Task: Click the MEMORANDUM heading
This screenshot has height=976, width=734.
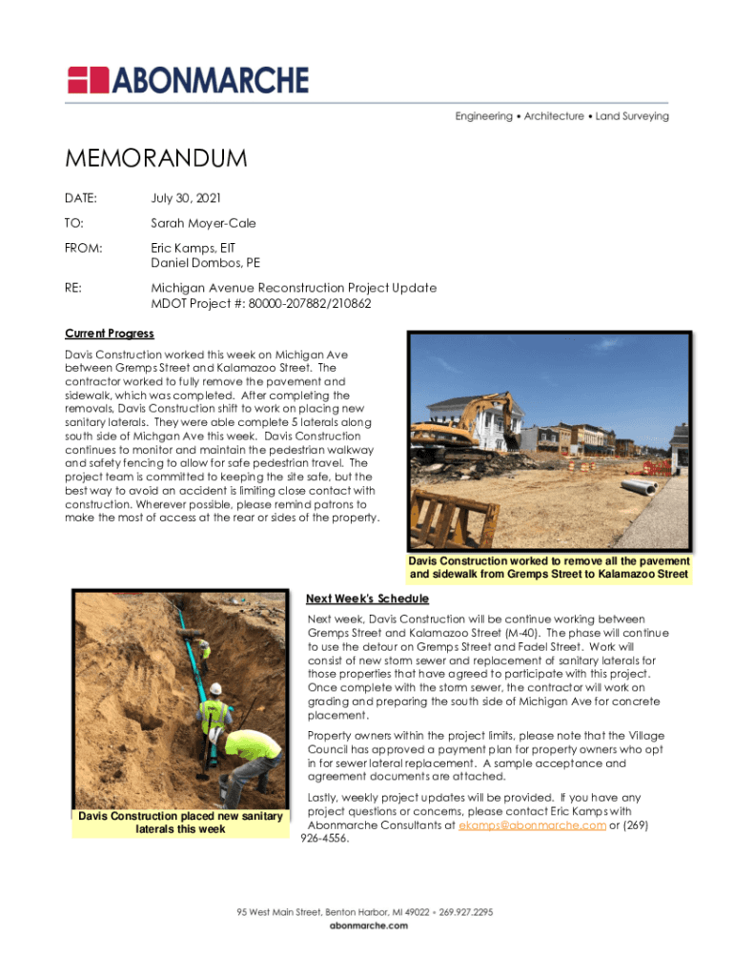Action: coord(156,158)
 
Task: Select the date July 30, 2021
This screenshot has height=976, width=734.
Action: coord(186,198)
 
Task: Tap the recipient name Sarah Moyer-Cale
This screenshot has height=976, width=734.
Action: coord(204,223)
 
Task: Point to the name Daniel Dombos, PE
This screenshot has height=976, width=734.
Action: coord(206,263)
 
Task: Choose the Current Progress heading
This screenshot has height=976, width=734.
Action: coord(109,335)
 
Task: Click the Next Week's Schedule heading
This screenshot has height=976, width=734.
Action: coord(367,599)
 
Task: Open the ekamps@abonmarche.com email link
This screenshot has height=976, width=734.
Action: coord(532,825)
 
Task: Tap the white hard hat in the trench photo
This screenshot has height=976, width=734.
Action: coord(215,688)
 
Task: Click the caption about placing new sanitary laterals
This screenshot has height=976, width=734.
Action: coord(180,823)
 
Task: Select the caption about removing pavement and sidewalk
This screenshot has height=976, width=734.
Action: coord(548,568)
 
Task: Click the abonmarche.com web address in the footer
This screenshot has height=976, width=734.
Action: coord(366,925)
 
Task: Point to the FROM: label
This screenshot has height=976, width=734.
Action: coord(84,248)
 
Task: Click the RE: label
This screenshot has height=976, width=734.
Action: coord(73,288)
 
